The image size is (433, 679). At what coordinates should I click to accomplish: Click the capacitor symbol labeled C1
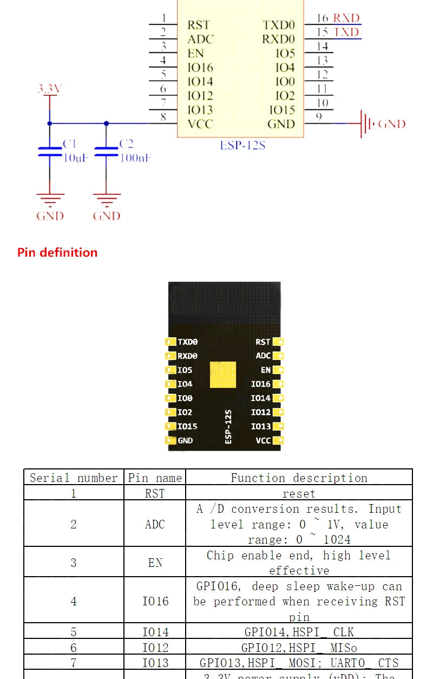pyautogui.click(x=50, y=151)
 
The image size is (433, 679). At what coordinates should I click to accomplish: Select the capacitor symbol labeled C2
pyautogui.click(x=106, y=151)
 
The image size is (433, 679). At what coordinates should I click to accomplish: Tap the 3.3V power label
pyautogui.click(x=49, y=89)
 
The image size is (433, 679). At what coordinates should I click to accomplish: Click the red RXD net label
pyautogui.click(x=346, y=18)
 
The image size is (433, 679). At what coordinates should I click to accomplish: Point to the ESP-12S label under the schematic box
pyautogui.click(x=242, y=146)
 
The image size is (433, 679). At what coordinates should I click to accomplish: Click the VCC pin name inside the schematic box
pyautogui.click(x=200, y=124)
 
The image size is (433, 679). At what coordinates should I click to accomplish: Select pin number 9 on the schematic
pyautogui.click(x=319, y=116)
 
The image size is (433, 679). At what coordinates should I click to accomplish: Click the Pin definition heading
pyautogui.click(x=57, y=252)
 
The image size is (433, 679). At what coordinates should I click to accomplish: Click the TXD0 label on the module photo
pyautogui.click(x=188, y=342)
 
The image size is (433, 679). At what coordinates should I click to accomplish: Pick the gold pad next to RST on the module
pyautogui.click(x=279, y=342)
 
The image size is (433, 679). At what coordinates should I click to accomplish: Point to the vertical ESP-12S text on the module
pyautogui.click(x=228, y=427)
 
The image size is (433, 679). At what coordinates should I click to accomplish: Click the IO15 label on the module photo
pyautogui.click(x=187, y=427)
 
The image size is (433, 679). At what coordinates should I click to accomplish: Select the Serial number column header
pyautogui.click(x=74, y=478)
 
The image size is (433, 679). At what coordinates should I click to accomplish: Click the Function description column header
pyautogui.click(x=299, y=478)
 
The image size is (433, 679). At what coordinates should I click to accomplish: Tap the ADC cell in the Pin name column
pyautogui.click(x=155, y=524)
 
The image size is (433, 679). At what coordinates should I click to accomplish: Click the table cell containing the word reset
pyautogui.click(x=299, y=493)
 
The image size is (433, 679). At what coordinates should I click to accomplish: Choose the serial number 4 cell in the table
pyautogui.click(x=74, y=601)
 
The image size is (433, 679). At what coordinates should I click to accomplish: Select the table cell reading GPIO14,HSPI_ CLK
pyautogui.click(x=299, y=632)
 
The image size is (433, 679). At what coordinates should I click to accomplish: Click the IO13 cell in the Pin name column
pyautogui.click(x=155, y=663)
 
